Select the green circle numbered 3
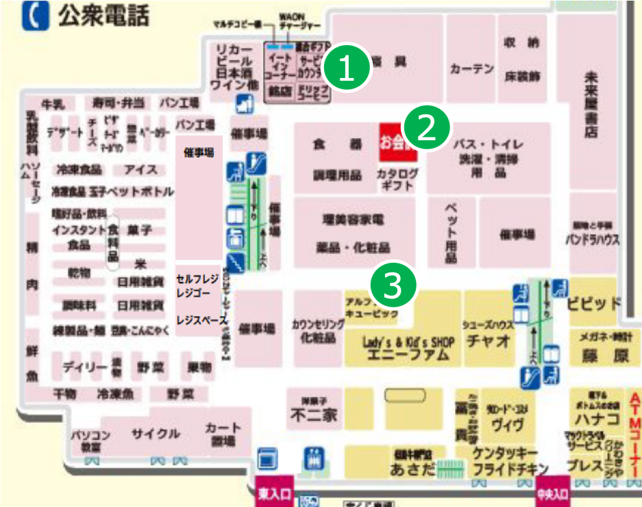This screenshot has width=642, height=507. point(393,286)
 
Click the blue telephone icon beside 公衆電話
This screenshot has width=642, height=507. point(36,15)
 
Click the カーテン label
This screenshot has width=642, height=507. point(472,68)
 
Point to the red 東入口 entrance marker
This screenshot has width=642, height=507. point(275,493)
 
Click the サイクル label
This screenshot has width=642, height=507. point(156,433)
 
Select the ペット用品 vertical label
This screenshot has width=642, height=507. point(451,233)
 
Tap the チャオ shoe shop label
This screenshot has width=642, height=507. point(487,340)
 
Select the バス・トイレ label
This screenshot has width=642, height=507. point(488,145)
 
